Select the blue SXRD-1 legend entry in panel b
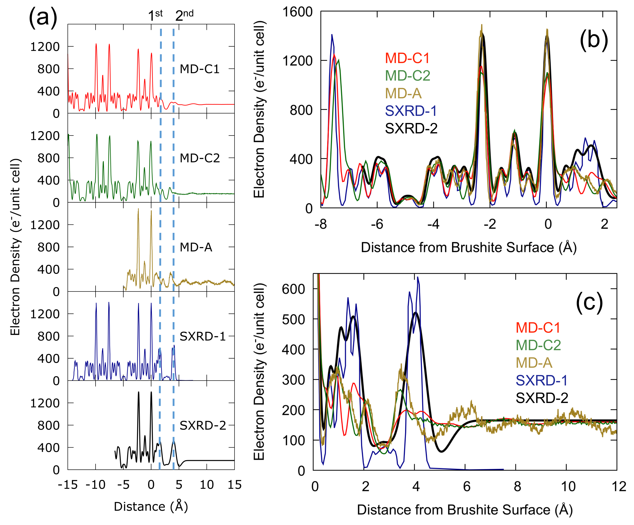pyautogui.click(x=411, y=111)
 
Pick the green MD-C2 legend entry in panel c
pyautogui.click(x=538, y=345)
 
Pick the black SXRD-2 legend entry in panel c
pyautogui.click(x=542, y=398)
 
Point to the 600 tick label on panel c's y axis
pyautogui.click(x=294, y=289)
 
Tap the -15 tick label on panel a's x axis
pyautogui.click(x=68, y=485)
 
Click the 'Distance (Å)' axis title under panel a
pyautogui.click(x=151, y=507)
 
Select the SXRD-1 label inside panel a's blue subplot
pyautogui.click(x=203, y=336)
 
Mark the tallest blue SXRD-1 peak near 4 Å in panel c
pyautogui.click(x=418, y=277)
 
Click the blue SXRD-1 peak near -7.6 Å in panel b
pyautogui.click(x=332, y=35)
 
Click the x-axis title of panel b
pyautogui.click(x=469, y=247)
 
